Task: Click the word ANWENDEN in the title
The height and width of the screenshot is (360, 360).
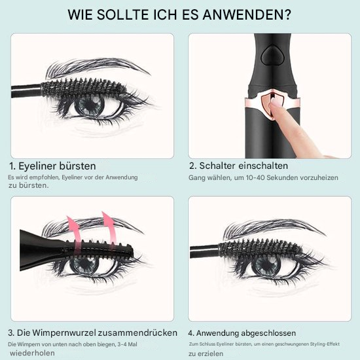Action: pos(254,14)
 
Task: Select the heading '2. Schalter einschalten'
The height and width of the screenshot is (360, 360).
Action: pos(238,166)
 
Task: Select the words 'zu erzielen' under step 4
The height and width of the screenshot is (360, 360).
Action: pos(206,354)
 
